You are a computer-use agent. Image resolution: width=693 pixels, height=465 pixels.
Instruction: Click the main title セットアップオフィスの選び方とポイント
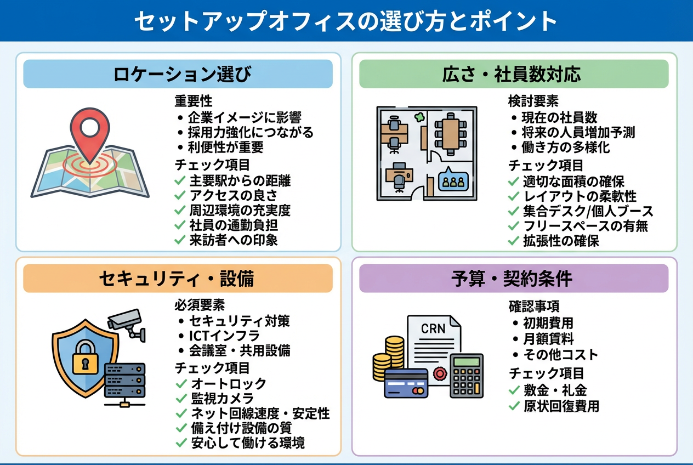point(346,21)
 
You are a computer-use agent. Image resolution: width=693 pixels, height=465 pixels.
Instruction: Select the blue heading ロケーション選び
point(178,74)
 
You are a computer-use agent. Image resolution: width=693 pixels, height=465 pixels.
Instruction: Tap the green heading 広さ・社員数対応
point(514,74)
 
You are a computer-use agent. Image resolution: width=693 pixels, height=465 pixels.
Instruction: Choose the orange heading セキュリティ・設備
point(178,279)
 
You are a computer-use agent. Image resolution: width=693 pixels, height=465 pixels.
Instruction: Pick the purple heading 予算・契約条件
point(514,279)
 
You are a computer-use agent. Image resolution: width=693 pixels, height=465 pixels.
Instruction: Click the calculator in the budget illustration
point(466,375)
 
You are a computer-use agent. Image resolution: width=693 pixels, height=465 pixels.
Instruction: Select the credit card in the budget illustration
point(406,382)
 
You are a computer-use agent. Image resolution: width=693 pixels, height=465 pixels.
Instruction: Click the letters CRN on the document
point(433,329)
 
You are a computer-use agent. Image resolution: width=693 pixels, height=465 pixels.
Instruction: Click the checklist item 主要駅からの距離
point(240,181)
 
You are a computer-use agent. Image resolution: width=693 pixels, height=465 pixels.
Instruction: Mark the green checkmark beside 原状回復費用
point(514,406)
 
